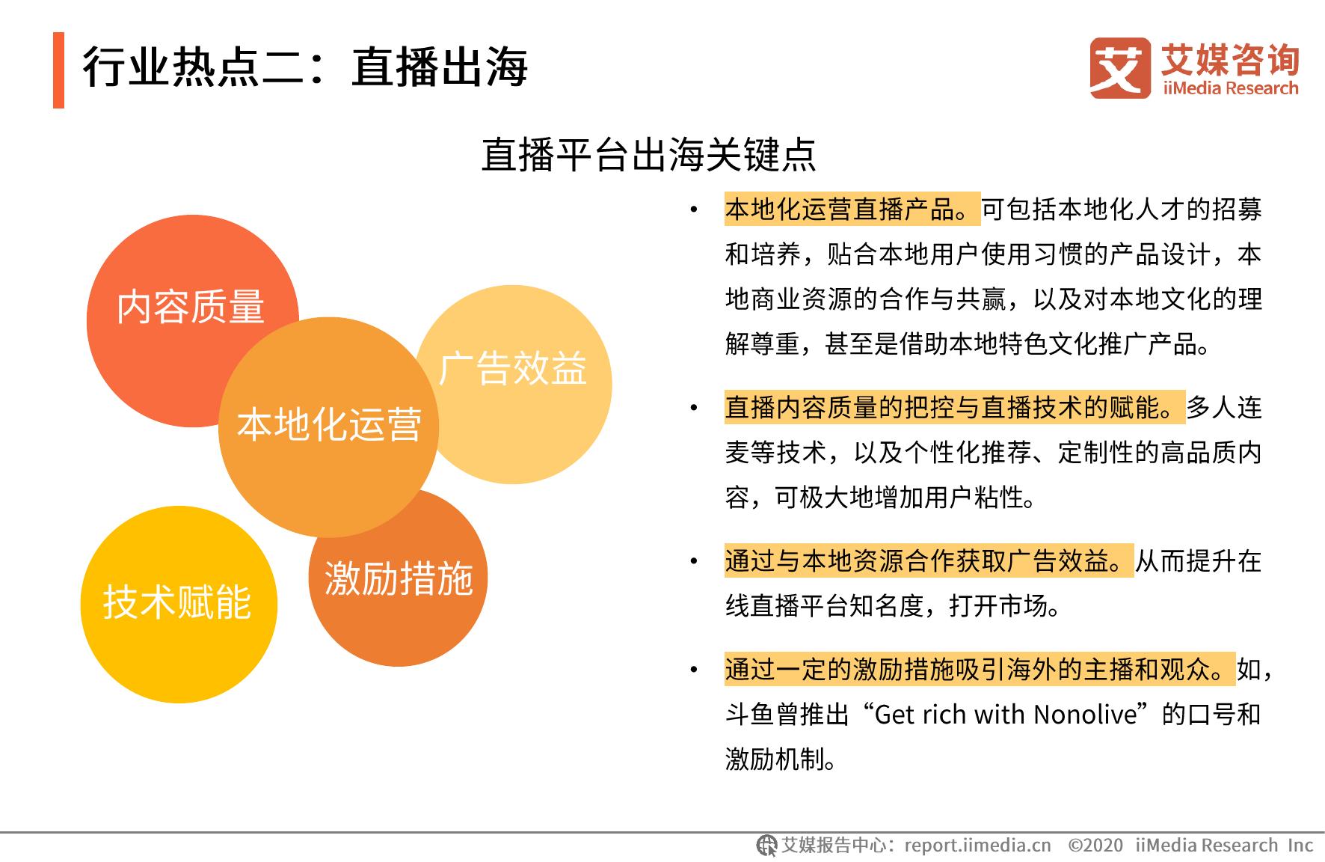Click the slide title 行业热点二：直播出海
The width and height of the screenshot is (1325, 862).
click(305, 67)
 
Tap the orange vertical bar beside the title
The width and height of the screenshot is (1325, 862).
click(58, 70)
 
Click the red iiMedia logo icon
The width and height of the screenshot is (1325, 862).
click(1119, 67)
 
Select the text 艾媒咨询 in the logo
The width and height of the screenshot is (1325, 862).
click(1230, 58)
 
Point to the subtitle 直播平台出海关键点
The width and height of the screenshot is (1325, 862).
click(648, 154)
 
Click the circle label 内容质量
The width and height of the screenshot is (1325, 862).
click(191, 307)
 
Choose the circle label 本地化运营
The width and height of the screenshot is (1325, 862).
click(329, 424)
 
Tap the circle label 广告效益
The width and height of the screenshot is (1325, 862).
click(513, 368)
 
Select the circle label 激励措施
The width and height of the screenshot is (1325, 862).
click(399, 578)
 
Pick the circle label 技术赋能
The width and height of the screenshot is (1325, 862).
click(177, 602)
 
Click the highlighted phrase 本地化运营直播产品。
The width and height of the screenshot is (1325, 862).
click(852, 210)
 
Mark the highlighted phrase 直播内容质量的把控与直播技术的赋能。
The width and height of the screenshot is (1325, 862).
click(955, 408)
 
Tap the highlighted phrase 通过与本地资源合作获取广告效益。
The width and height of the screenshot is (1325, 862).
click(929, 561)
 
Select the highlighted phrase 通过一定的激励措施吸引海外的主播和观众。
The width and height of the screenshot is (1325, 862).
click(980, 669)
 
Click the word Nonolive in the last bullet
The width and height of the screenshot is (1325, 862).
click(1085, 715)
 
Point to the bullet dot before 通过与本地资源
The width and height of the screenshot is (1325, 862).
click(694, 562)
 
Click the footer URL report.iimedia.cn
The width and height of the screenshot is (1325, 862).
click(977, 846)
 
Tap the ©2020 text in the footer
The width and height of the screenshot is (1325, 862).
click(1095, 846)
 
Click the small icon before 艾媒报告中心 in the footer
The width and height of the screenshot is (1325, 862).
click(766, 846)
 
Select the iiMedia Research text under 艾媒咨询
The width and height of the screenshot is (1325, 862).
click(1230, 88)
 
